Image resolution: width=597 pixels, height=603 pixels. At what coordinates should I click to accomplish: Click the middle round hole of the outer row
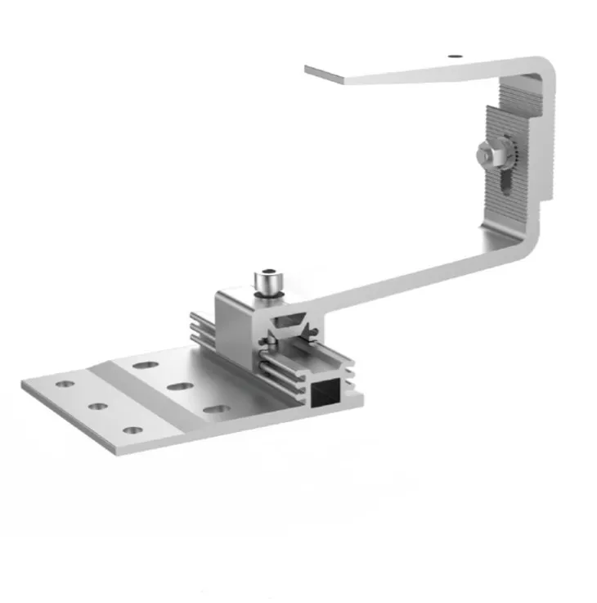tap(98, 406)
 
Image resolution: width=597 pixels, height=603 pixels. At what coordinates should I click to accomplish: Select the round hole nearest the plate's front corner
tap(132, 430)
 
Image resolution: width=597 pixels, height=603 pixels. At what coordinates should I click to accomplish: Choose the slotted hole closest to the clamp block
tap(147, 364)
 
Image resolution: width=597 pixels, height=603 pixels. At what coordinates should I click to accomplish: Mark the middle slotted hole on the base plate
tap(181, 385)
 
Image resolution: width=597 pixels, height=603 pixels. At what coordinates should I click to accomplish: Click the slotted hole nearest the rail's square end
tap(215, 407)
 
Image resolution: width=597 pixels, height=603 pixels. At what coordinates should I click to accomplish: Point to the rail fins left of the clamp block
tap(203, 331)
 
